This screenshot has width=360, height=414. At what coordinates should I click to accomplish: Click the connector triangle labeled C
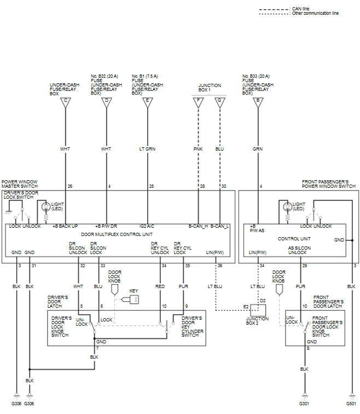pyautogui.click(x=66, y=102)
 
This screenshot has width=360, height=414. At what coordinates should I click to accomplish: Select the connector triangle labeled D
pyautogui.click(x=107, y=102)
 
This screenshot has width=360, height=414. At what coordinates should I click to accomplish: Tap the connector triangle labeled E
pyautogui.click(x=147, y=102)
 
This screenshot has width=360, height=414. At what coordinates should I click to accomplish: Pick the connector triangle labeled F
pyautogui.click(x=199, y=102)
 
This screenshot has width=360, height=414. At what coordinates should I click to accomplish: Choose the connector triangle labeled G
pyautogui.click(x=220, y=102)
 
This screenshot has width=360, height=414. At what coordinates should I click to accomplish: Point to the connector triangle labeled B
pyautogui.click(x=258, y=102)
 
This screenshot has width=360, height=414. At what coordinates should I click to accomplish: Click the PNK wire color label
pyautogui.click(x=198, y=149)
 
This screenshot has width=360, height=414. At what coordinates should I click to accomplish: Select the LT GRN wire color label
pyautogui.click(x=147, y=149)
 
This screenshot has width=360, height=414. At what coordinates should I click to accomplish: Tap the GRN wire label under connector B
pyautogui.click(x=258, y=149)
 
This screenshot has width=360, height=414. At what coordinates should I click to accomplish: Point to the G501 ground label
pyautogui.click(x=351, y=404)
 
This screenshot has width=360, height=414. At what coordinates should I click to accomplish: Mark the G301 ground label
pyautogui.click(x=304, y=404)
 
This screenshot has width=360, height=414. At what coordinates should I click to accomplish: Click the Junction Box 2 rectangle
pyautogui.click(x=258, y=311)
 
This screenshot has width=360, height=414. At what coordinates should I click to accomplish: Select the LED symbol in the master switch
pyautogui.click(x=46, y=207)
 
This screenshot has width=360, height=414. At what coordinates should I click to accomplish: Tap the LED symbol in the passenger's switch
pyautogui.click(x=287, y=207)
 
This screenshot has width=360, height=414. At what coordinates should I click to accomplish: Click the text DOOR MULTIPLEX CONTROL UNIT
pyautogui.click(x=117, y=234)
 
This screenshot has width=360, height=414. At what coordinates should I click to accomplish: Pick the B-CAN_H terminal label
pyautogui.click(x=199, y=226)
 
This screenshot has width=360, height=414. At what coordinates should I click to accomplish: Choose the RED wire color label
pyautogui.click(x=160, y=286)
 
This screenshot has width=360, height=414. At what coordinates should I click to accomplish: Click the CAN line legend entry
pyautogui.click(x=301, y=9)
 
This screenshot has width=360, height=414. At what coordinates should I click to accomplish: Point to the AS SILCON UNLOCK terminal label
pyautogui.click(x=299, y=250)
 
